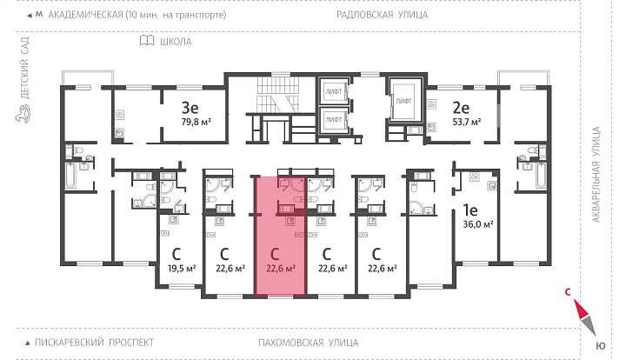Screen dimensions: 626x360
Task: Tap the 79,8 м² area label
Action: pos(196,122)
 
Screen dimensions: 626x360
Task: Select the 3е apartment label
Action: pos(190,107)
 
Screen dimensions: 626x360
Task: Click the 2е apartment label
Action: pos(461,107)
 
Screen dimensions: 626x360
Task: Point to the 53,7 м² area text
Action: pos(467,122)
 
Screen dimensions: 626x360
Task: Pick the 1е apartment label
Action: pos(469,210)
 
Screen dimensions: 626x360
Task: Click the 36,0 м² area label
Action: pos(478,224)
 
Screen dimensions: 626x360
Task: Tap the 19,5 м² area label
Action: pos(182,268)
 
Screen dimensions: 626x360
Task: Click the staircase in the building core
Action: pos(278,95)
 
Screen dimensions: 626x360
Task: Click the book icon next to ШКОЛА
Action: pos(147,40)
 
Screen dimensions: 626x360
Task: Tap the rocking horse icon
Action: pos(23,114)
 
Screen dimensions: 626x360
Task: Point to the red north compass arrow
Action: pos(581,310)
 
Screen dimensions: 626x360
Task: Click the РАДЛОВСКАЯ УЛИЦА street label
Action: pos(382,15)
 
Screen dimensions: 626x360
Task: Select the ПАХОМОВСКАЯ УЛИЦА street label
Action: pos(308,343)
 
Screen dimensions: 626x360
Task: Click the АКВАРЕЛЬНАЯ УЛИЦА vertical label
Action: pos(596,175)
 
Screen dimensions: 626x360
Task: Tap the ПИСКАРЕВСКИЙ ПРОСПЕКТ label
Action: pos(94,343)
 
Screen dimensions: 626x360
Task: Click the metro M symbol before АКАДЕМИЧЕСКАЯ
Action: pos(39,15)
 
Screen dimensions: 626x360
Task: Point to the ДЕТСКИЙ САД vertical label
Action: pos(24,68)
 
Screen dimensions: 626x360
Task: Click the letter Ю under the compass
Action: pos(601,346)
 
